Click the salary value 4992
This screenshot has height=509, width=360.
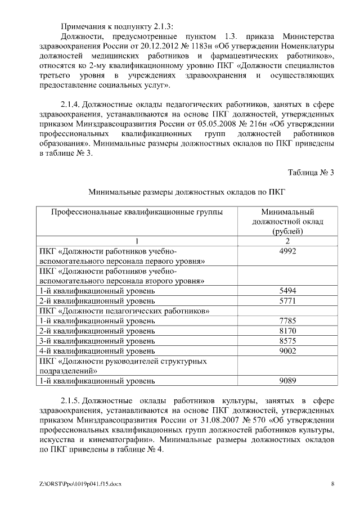[x=287, y=251]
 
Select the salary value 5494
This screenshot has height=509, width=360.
[x=287, y=291]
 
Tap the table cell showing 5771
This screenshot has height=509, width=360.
[x=287, y=301]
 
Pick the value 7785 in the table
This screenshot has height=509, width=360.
[x=287, y=321]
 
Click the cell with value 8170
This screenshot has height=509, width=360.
[x=287, y=331]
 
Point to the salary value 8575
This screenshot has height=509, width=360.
[x=287, y=341]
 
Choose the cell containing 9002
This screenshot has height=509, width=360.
[x=287, y=350]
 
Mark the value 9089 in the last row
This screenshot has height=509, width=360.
[x=287, y=381]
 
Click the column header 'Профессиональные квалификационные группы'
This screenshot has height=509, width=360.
[x=137, y=212]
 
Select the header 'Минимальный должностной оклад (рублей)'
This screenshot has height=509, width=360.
[x=287, y=222]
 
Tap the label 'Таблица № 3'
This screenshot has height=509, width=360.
[x=311, y=173]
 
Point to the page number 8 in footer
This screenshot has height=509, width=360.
[x=332, y=484]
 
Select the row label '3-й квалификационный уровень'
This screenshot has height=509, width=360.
[x=97, y=341]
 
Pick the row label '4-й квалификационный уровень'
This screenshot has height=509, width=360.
[x=97, y=350]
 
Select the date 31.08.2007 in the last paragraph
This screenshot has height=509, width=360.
[x=202, y=421]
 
